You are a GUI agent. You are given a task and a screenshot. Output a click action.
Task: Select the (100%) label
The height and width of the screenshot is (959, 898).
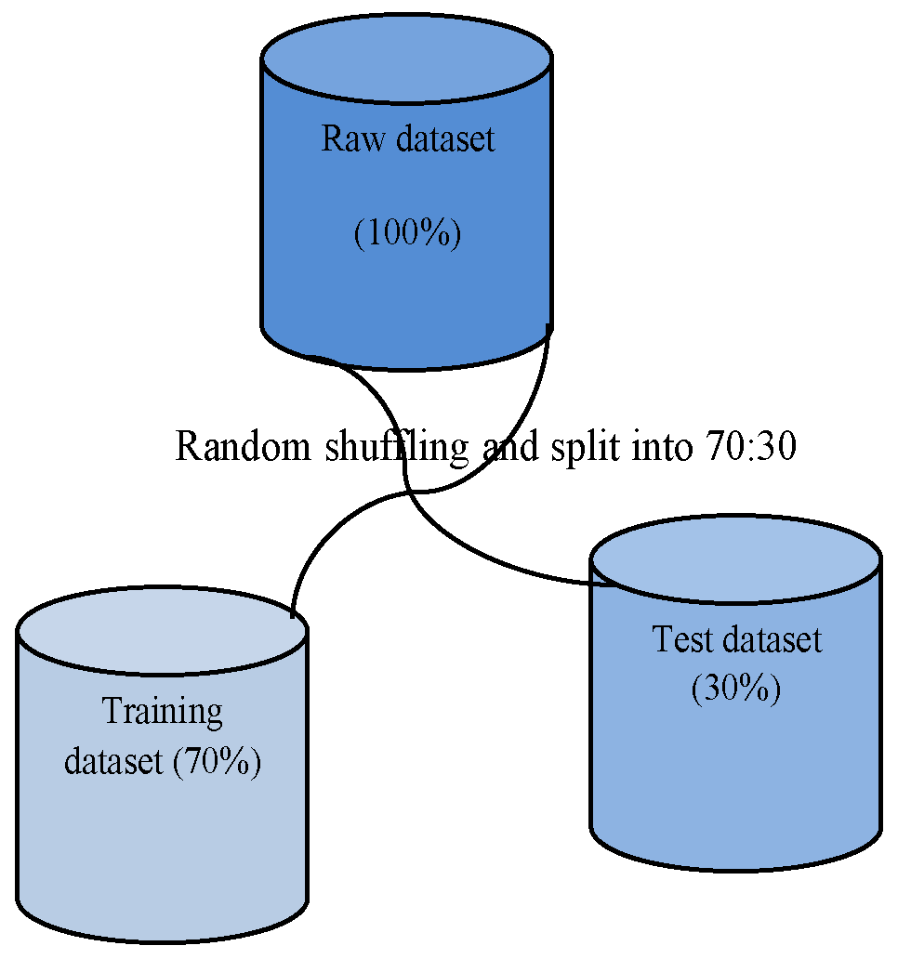click(x=407, y=233)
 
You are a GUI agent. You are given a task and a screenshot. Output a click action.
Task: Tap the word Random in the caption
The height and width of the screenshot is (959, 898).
click(x=244, y=447)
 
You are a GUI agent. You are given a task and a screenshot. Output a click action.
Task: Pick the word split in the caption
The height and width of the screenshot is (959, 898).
click(x=582, y=447)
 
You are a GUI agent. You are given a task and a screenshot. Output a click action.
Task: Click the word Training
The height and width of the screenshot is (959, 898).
click(x=163, y=712)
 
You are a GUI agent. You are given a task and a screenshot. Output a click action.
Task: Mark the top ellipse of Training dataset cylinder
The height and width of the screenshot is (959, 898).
click(x=162, y=631)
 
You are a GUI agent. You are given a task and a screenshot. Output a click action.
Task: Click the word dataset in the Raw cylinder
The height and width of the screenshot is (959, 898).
click(x=445, y=139)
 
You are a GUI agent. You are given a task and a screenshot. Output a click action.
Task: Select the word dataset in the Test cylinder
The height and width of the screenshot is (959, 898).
click(x=773, y=639)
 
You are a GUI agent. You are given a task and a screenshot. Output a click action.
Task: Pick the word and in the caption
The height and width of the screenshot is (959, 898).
click(x=510, y=447)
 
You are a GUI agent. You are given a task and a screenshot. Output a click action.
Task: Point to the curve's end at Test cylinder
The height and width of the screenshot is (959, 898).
click(x=614, y=585)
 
